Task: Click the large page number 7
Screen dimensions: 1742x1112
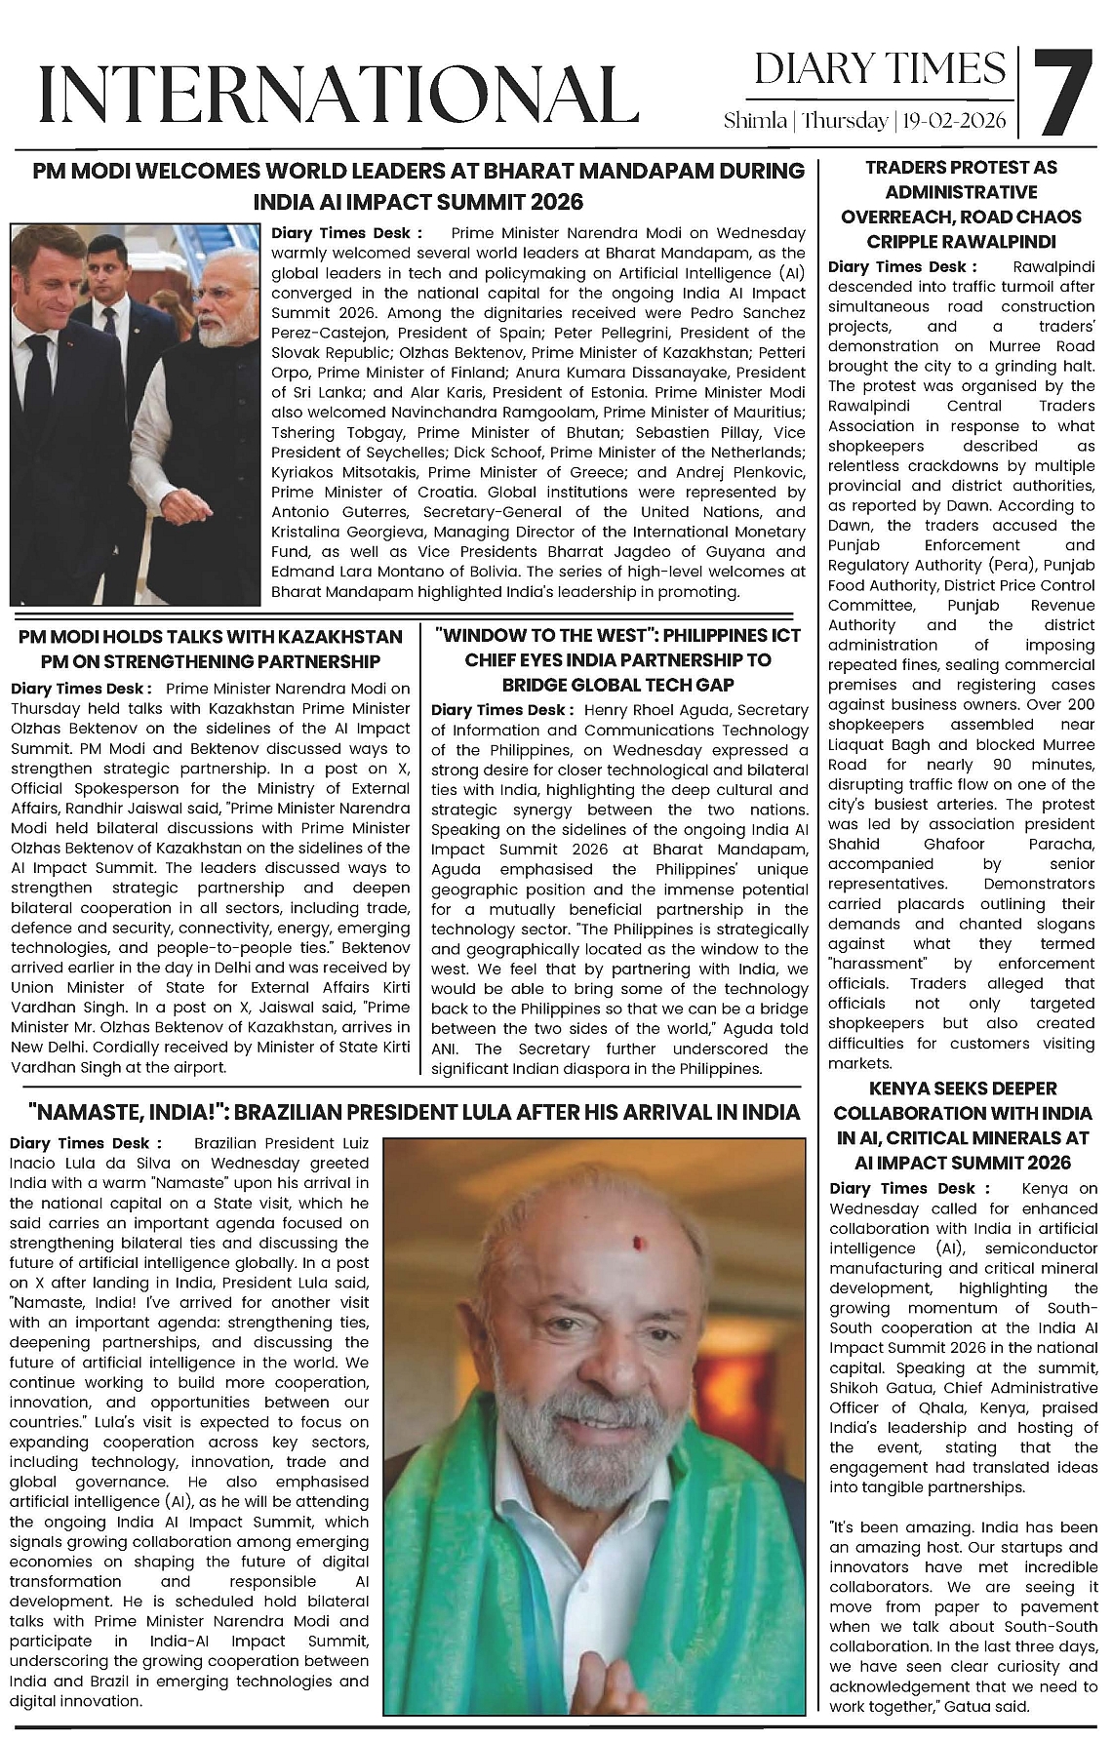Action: tap(1064, 94)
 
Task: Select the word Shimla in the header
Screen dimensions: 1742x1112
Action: tap(755, 121)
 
